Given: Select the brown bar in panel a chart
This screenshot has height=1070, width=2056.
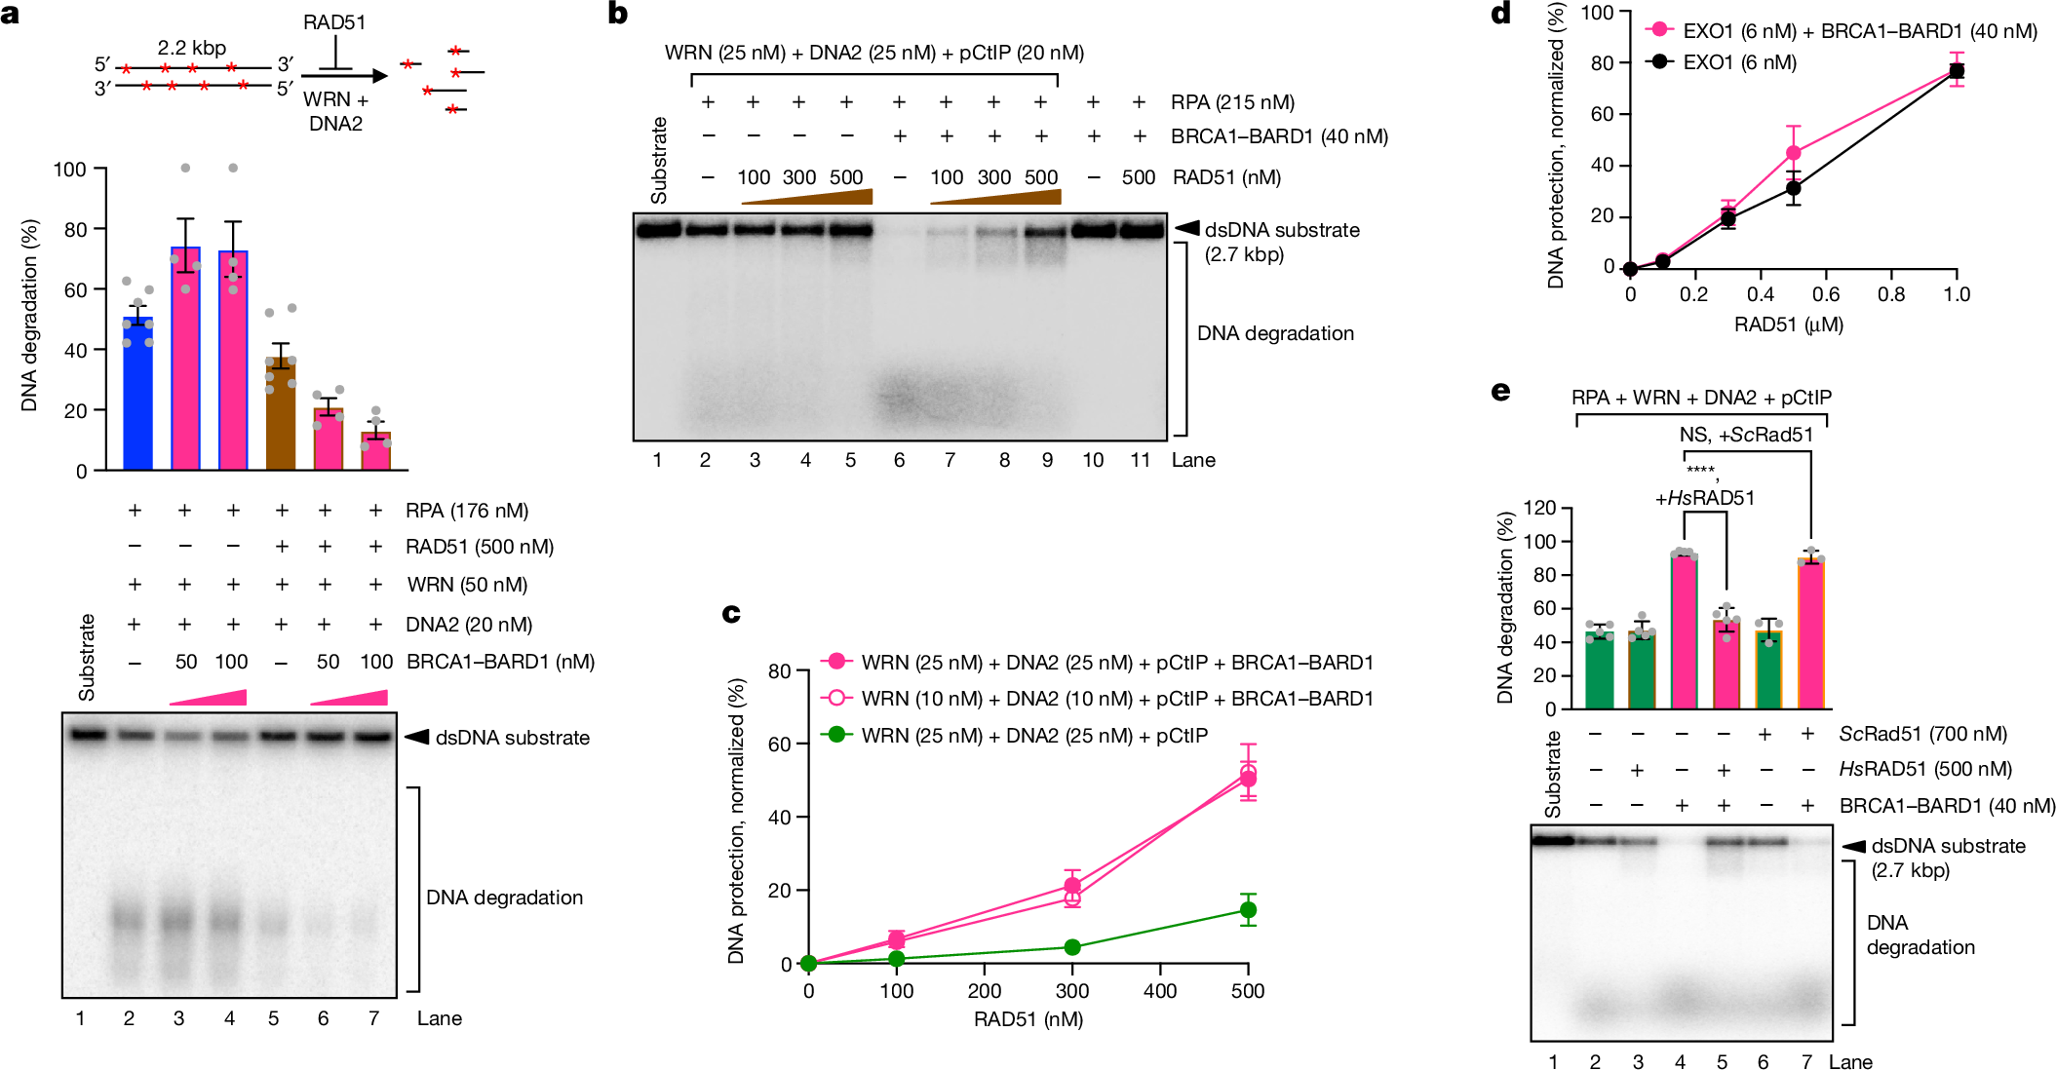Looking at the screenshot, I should (281, 414).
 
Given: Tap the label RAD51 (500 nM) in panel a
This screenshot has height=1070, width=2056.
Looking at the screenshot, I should (480, 547).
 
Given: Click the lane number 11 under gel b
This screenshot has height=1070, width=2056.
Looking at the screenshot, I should (1140, 460).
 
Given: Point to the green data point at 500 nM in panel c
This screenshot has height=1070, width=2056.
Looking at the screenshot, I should (1248, 910).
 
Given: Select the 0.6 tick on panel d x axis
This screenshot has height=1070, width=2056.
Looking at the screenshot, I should (1826, 294).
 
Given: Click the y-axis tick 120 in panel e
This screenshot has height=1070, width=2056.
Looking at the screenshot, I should (1540, 508).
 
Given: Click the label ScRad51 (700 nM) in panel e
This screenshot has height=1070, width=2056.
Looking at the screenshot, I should (1922, 734).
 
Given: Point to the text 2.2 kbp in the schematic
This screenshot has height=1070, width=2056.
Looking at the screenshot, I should (192, 48).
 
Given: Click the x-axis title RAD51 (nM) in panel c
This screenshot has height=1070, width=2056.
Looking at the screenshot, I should (1028, 1019).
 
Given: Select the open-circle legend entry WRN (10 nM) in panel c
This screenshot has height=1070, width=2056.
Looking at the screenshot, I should (1116, 699).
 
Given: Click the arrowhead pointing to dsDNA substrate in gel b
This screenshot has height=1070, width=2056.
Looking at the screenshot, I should (1186, 228).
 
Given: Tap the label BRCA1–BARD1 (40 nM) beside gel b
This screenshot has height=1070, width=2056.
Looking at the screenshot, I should (1279, 136).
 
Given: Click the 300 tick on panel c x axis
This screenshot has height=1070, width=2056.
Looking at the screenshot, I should (1072, 991).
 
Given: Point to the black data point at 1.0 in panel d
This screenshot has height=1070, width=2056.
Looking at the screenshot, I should (1956, 71).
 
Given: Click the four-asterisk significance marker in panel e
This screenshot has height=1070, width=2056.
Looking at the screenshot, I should (1700, 471).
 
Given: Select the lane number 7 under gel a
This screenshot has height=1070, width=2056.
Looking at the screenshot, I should (373, 1018).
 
